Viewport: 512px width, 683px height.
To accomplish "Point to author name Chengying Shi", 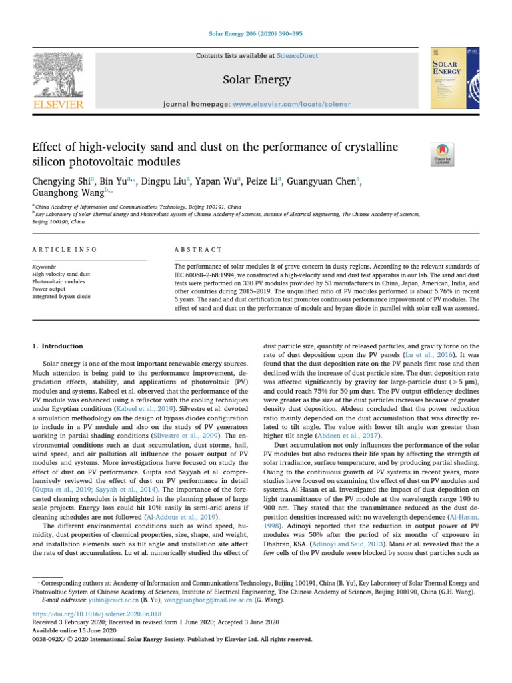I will pos(62,181).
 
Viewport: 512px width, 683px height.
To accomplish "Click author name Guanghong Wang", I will pos(67,193).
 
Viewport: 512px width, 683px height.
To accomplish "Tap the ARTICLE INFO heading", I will pos(65,249).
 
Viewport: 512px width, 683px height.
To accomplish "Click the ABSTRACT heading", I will pos(197,249).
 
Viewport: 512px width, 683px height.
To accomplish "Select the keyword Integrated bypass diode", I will pos(61,296).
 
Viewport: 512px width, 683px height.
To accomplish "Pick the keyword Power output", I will pos(49,289).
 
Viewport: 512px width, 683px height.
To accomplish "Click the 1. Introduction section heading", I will pos(58,346).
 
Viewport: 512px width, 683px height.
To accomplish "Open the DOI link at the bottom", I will pos(97,613).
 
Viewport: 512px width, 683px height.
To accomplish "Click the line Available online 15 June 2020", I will pos(74,630).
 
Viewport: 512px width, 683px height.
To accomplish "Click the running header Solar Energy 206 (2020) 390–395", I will pos(255,33).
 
